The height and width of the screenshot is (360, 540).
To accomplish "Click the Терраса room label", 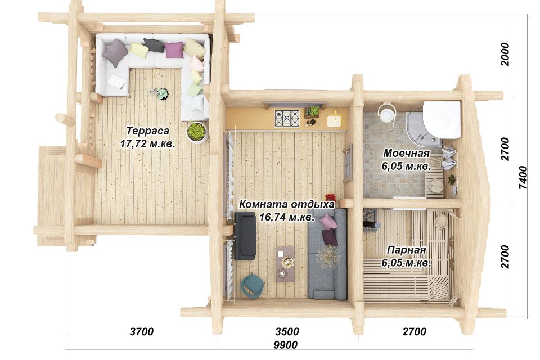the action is [x=148, y=131].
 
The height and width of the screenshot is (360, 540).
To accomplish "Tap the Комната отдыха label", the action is [x=286, y=204].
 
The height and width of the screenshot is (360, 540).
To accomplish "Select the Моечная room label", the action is [x=406, y=153].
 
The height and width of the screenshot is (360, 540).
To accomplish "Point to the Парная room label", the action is [x=406, y=250].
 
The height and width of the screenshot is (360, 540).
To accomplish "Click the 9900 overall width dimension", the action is [x=286, y=344].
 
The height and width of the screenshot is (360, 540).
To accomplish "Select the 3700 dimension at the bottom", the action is [x=142, y=332].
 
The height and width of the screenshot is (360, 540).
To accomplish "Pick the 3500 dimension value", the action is [x=287, y=332].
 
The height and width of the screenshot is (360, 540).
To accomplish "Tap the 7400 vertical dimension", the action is [x=523, y=177].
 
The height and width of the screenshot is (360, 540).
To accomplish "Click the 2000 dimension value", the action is [x=505, y=55].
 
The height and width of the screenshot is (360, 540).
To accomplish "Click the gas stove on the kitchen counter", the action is [x=287, y=118].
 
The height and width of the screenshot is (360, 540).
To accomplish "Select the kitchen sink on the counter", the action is [x=334, y=120].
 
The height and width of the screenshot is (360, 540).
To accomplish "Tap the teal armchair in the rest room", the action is [x=252, y=285].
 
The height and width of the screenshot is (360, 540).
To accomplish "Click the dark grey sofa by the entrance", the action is [x=245, y=236].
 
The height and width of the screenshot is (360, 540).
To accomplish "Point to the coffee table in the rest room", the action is [x=286, y=264].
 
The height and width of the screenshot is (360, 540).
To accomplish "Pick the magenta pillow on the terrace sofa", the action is [x=174, y=50].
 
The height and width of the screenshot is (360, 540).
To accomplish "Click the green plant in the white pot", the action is [x=197, y=132].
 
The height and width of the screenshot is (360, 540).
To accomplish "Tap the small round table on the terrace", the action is [x=162, y=93].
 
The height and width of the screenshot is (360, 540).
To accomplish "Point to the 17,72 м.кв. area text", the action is [x=148, y=143].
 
